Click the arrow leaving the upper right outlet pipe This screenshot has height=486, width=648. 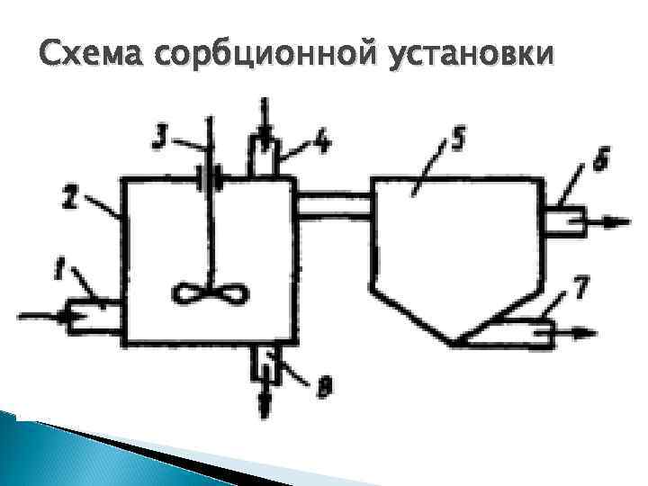(602, 220)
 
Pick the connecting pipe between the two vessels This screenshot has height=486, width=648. (332, 205)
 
